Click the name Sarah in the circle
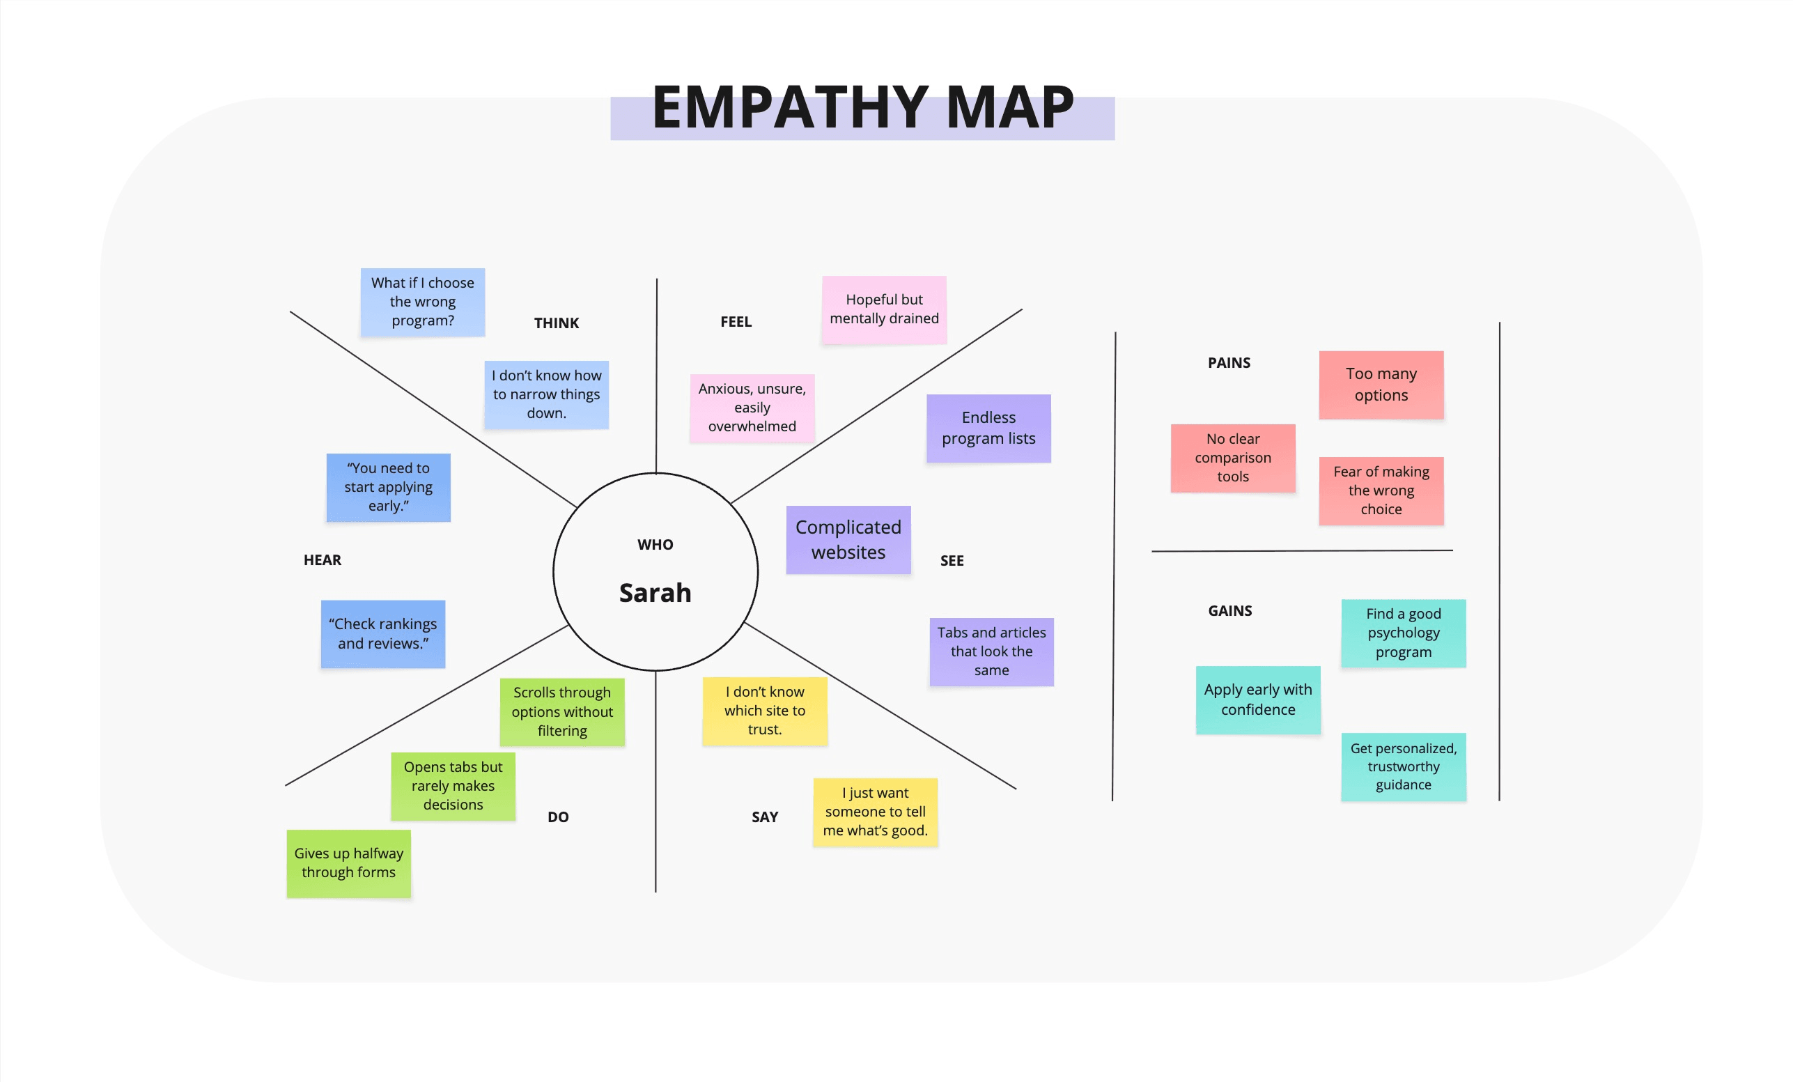click(655, 593)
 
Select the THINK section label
click(556, 323)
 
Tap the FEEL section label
click(736, 322)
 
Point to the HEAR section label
click(322, 559)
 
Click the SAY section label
click(764, 817)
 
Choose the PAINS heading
click(1228, 362)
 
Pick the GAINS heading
click(1229, 610)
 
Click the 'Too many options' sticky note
click(1381, 384)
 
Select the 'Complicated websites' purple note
click(848, 539)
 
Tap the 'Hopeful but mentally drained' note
click(883, 309)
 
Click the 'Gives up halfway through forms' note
click(348, 863)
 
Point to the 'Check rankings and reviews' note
click(382, 634)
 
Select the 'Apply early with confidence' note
click(1257, 700)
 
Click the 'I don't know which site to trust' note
click(764, 711)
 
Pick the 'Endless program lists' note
click(988, 428)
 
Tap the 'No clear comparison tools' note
click(1232, 458)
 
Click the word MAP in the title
click(1009, 108)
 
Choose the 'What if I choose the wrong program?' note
click(422, 302)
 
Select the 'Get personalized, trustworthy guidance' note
click(1403, 766)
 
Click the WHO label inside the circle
click(655, 544)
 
